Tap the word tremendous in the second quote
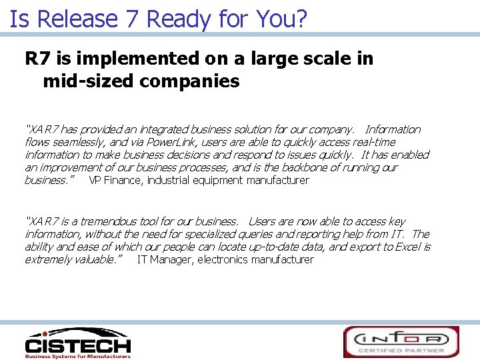coord(105,221)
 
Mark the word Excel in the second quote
coord(409,247)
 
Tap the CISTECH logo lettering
coord(77,345)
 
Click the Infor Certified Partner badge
coord(401,342)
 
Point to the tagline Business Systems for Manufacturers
coord(77,356)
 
